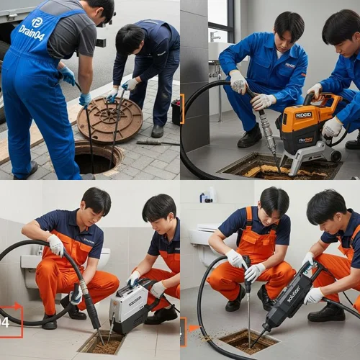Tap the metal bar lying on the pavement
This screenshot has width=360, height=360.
(x=158, y=143)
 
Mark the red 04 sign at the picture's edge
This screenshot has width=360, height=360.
(x=10, y=321)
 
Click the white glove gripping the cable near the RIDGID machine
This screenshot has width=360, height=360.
(x=238, y=81)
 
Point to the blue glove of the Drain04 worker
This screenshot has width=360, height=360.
(x=68, y=76)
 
